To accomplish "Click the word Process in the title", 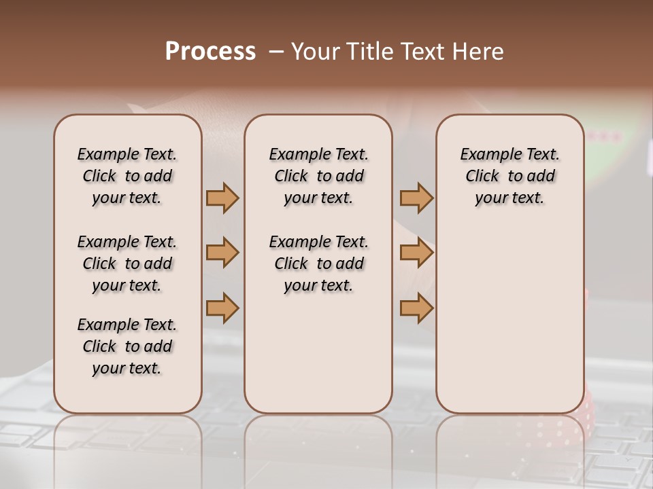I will (x=210, y=52).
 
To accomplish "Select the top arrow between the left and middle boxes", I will (x=222, y=198).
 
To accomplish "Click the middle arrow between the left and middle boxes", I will (x=222, y=253).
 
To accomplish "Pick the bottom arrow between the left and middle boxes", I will (x=222, y=308).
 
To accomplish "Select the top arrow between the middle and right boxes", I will (x=416, y=198).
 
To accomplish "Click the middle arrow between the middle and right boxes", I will (x=416, y=253).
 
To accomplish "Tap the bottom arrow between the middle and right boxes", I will (x=416, y=308).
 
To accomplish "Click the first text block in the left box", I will (x=127, y=176).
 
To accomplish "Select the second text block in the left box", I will (x=127, y=264).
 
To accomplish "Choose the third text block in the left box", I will (x=127, y=346).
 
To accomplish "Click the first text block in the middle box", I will (x=318, y=176).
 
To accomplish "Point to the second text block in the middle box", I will (x=318, y=264).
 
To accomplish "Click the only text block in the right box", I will (x=509, y=176).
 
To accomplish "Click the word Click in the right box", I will (x=482, y=176).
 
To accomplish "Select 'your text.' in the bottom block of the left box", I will (x=127, y=368).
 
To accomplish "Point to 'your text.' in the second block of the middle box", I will (x=318, y=285).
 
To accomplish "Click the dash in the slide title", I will (x=276, y=52).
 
